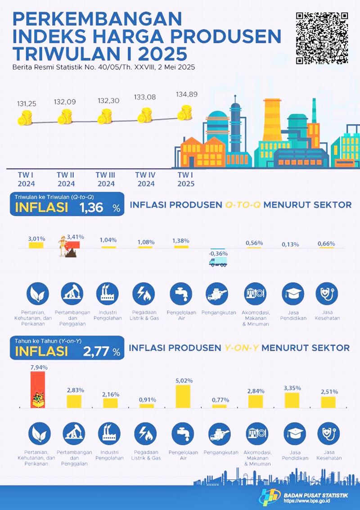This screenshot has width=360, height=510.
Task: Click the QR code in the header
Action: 322,38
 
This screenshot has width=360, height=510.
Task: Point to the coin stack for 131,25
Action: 25,119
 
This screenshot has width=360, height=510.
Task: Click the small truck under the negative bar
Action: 218,262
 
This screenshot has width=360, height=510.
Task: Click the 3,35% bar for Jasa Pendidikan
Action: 292,400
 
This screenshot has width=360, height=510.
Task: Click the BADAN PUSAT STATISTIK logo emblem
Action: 269,497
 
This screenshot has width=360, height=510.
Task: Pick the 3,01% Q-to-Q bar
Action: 36,245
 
